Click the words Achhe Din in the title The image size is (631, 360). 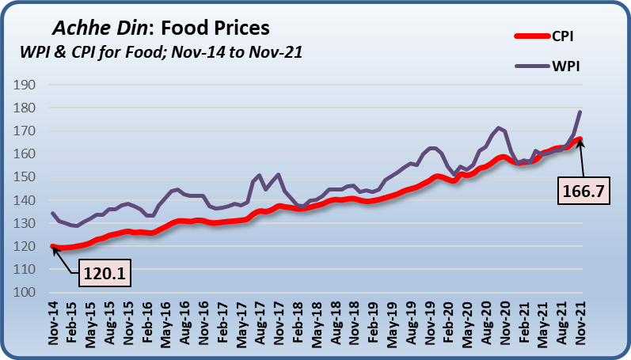(x=97, y=28)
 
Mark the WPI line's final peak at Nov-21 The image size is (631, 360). (x=580, y=112)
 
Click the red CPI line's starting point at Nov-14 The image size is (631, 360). (x=53, y=247)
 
